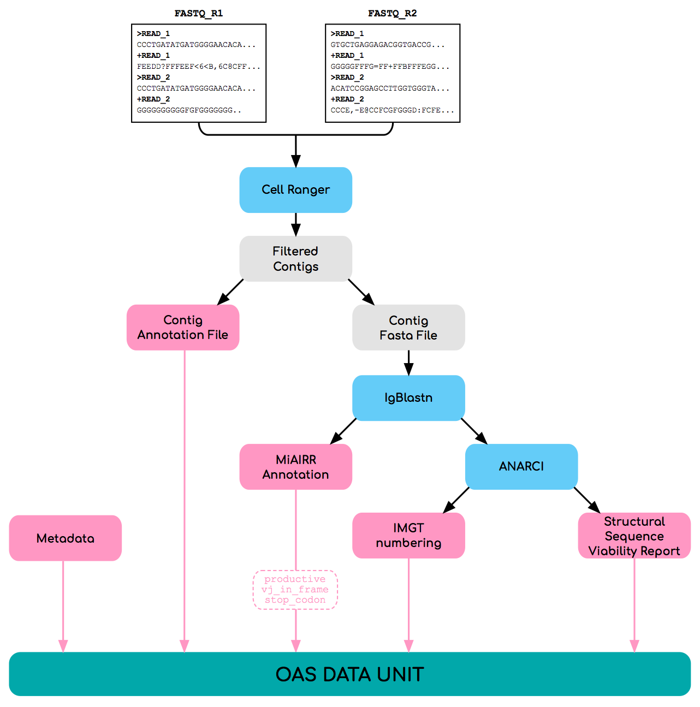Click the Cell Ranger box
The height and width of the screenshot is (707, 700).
[x=295, y=189]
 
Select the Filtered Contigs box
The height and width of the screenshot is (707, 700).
[x=295, y=259]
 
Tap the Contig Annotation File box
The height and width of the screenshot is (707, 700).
[x=183, y=328]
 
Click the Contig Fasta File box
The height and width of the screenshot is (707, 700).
[x=408, y=328]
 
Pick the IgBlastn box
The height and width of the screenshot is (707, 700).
[x=408, y=397]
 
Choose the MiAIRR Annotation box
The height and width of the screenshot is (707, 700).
[x=295, y=467]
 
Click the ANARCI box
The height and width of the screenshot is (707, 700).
[x=521, y=466]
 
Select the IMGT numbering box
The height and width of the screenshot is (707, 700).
[x=408, y=535]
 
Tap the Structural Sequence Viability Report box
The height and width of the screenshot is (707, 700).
[x=634, y=536]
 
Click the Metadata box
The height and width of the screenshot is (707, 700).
[x=66, y=538]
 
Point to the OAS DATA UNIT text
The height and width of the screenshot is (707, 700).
[x=349, y=674]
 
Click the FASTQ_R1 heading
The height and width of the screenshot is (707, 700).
[x=199, y=13]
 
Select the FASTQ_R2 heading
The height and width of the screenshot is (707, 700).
[x=392, y=13]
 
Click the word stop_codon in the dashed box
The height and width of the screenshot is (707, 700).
[x=295, y=600]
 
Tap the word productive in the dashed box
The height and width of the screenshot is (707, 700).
[x=295, y=579]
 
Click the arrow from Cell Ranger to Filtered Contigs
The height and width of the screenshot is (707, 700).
[x=295, y=224]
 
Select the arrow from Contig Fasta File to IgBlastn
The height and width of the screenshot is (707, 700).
[x=408, y=363]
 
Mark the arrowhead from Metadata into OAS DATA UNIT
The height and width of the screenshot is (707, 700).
[x=63, y=646]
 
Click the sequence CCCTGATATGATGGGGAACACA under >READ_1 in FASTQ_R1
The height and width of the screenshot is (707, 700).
[x=189, y=45]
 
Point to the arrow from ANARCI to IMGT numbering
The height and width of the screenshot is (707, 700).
[x=456, y=500]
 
